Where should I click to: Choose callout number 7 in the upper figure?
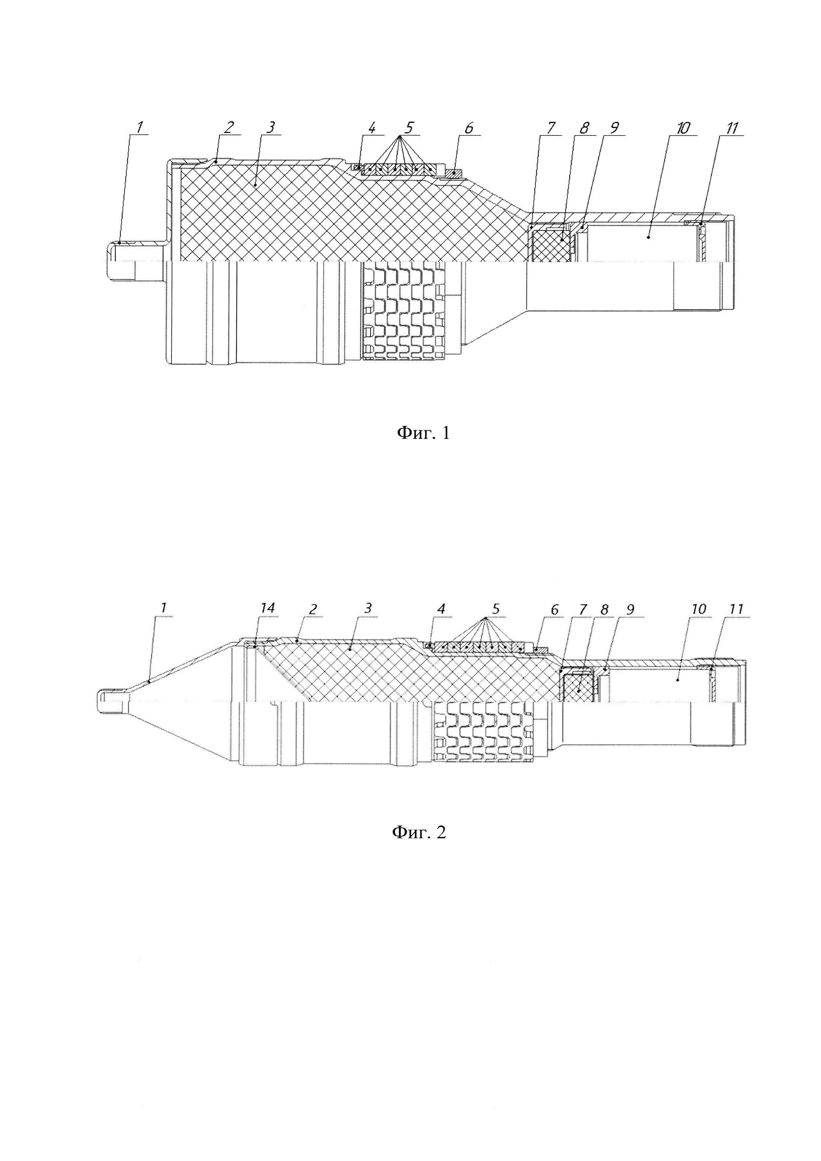[x=552, y=127]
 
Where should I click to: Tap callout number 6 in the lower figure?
[x=555, y=610]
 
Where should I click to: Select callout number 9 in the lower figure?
[x=630, y=610]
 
